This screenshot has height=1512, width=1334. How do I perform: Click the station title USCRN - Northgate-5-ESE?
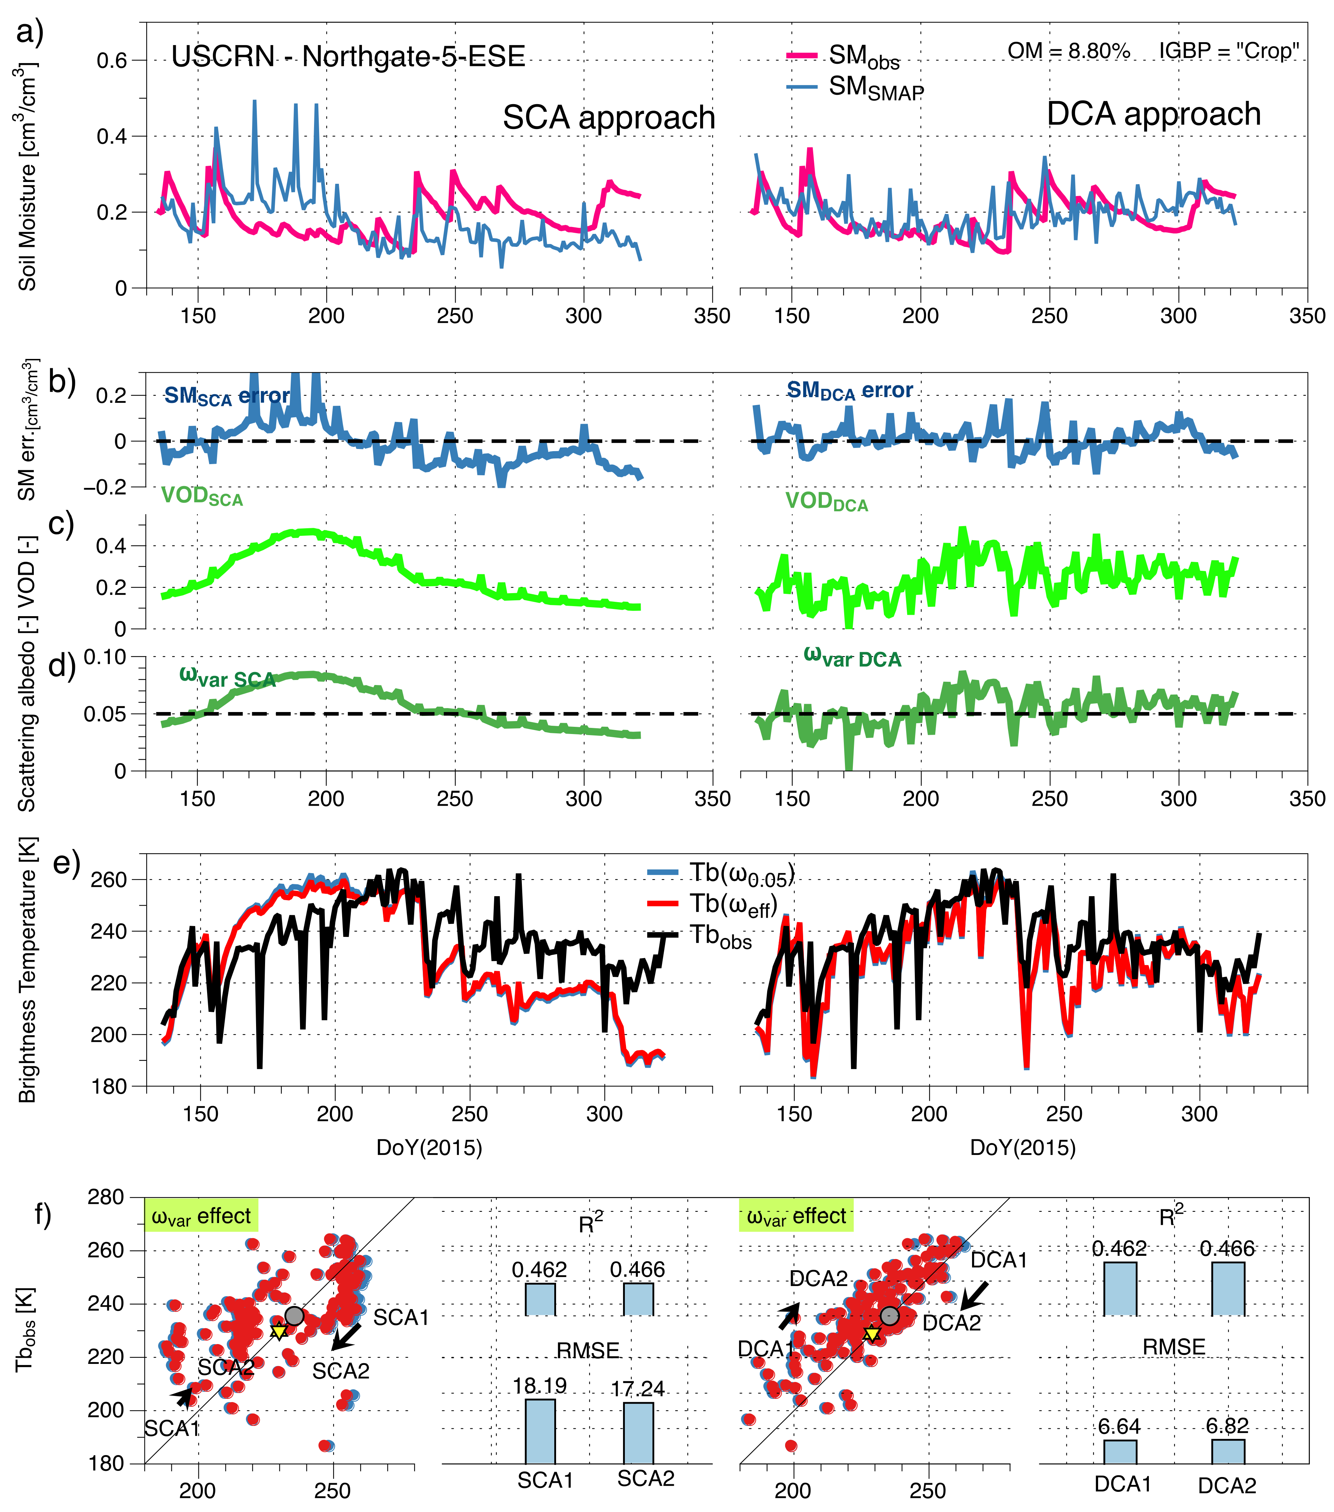[348, 56]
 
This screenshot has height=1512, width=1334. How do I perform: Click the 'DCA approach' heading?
[1154, 115]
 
